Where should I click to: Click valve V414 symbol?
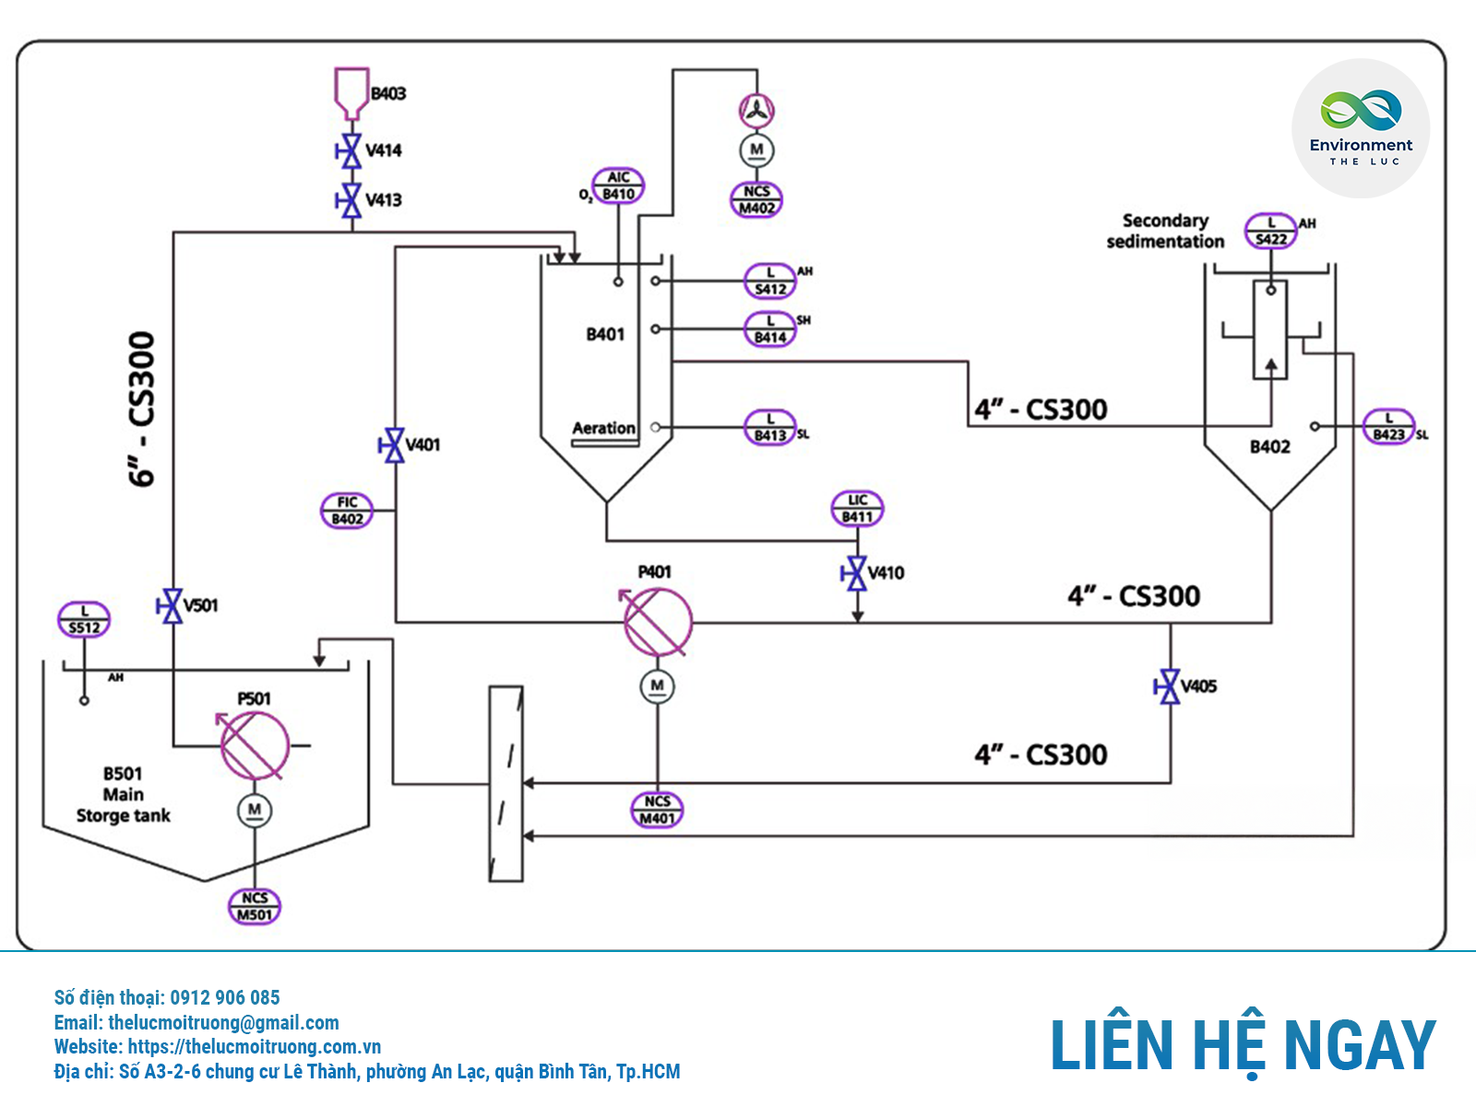(x=351, y=150)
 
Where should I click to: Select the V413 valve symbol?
(x=351, y=200)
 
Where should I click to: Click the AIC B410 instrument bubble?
(x=618, y=185)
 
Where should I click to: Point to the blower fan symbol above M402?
(x=756, y=111)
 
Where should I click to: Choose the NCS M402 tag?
(x=756, y=200)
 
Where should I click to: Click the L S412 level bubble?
(x=770, y=280)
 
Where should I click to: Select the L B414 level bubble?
(x=770, y=329)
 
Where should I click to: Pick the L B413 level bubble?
(x=770, y=427)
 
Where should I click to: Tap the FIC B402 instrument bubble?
(x=347, y=510)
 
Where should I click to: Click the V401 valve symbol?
(x=394, y=446)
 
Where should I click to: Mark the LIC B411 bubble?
(x=857, y=508)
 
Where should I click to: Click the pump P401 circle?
(x=658, y=622)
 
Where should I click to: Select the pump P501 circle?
(x=255, y=745)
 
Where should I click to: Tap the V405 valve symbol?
(x=1170, y=686)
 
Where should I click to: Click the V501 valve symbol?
(x=173, y=606)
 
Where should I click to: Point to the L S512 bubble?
(x=84, y=619)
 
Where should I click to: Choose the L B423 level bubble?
(x=1388, y=426)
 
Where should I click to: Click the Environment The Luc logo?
(x=1361, y=128)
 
